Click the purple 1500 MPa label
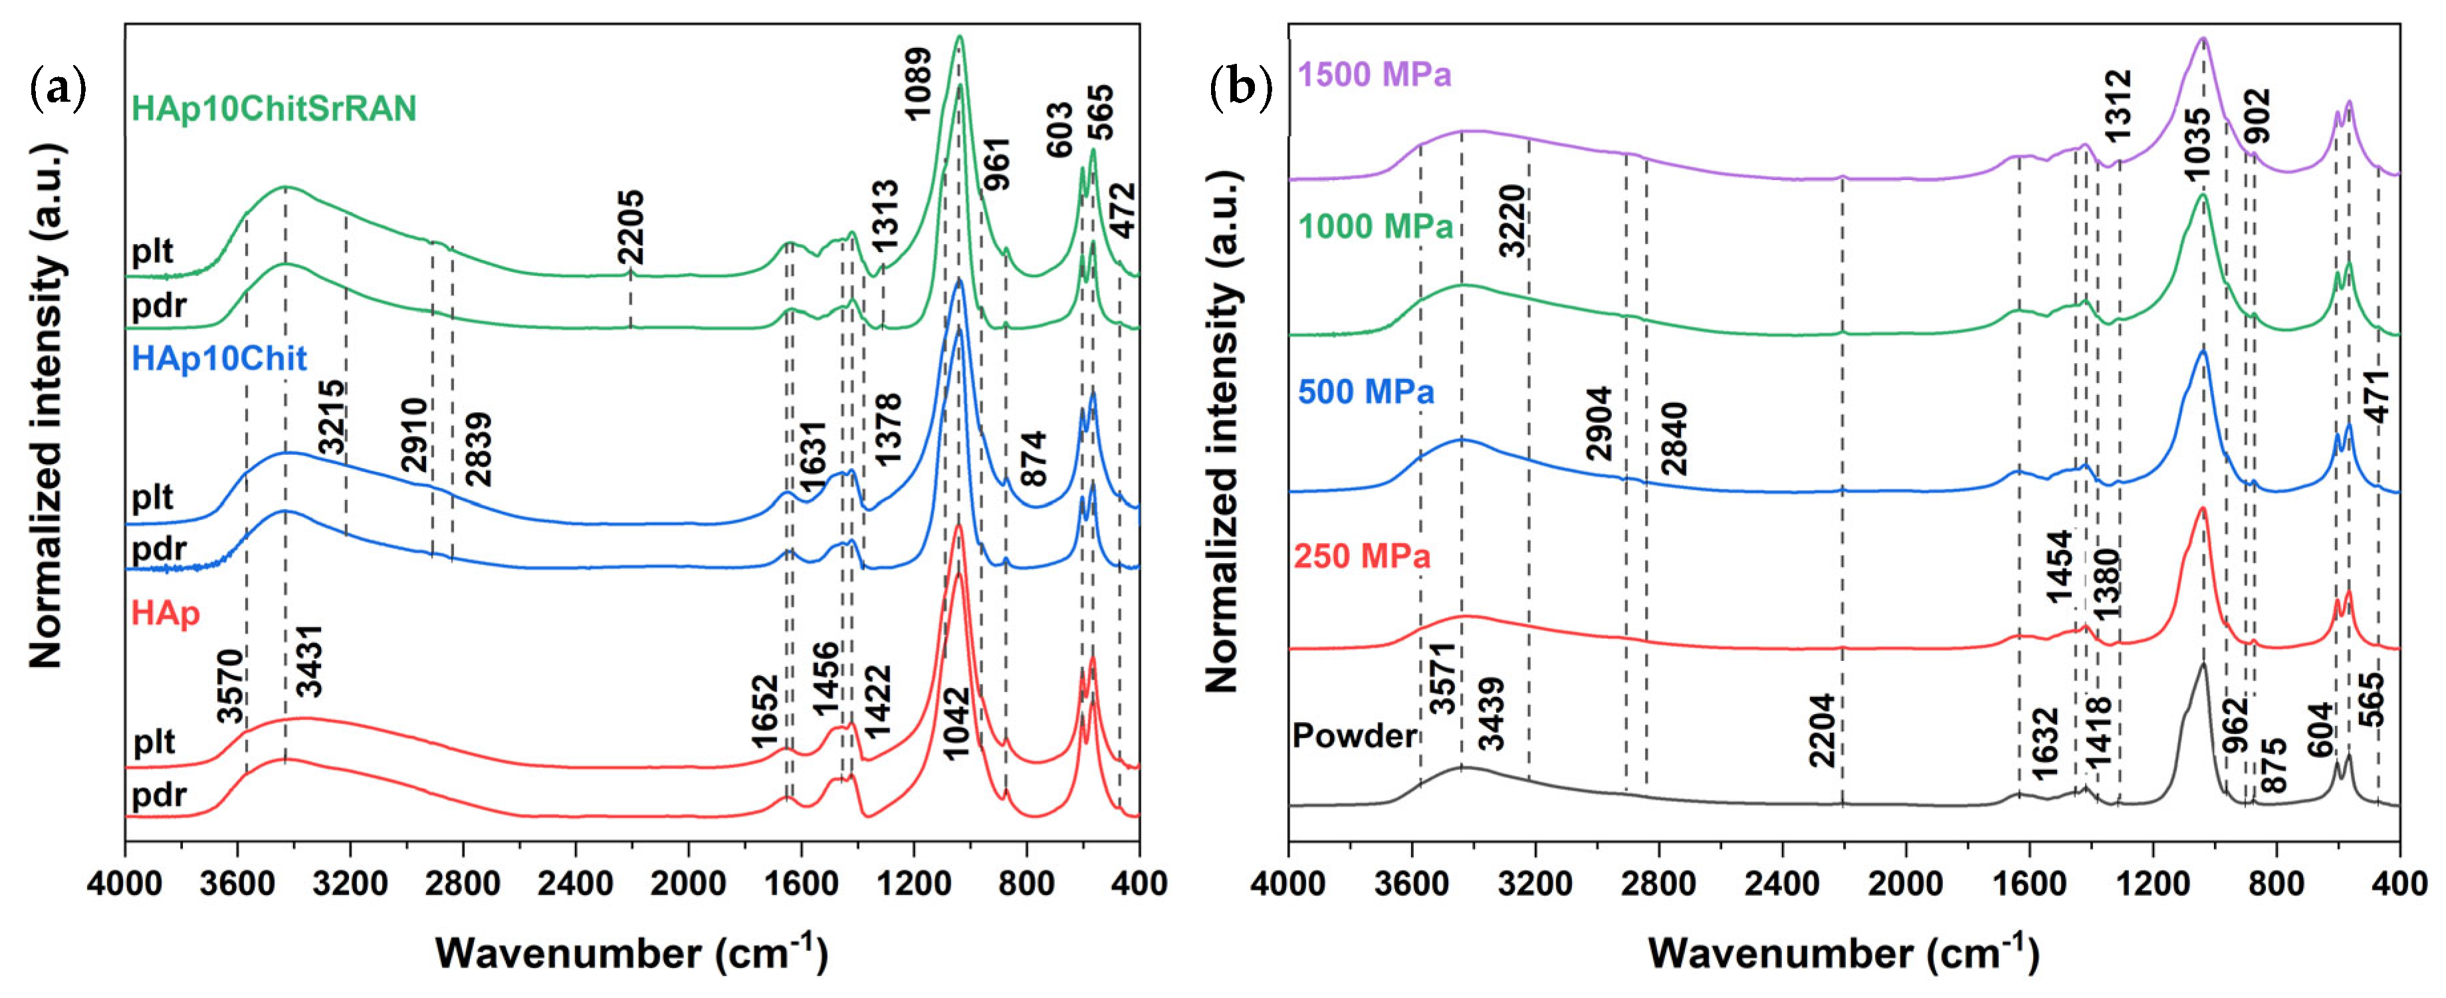pyautogui.click(x=1374, y=74)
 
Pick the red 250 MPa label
pyautogui.click(x=1362, y=555)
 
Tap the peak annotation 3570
pyautogui.click(x=231, y=686)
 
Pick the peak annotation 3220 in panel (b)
pyautogui.click(x=1513, y=220)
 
